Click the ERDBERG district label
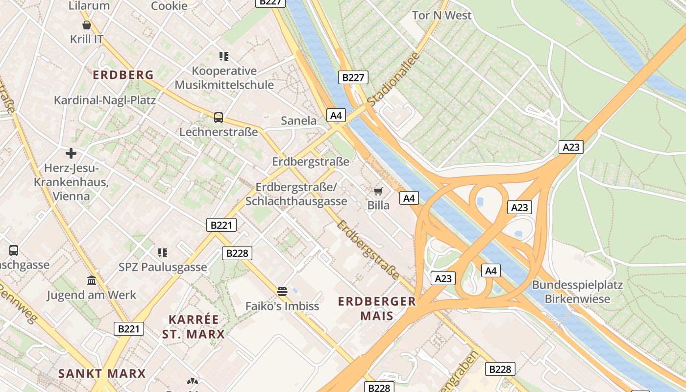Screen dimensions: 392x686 pos(123,75)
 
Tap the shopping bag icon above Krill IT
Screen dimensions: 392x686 pos(87,25)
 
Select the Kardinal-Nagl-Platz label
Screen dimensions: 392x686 pos(105,100)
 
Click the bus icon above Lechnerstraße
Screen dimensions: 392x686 pos(219,118)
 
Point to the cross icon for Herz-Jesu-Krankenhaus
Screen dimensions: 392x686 pos(71,153)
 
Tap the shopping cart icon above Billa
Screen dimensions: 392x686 pos(378,191)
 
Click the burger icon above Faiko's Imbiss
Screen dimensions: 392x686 pos(282,292)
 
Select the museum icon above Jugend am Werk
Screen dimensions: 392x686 pos(92,281)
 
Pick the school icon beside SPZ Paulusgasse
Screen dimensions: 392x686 pos(163,253)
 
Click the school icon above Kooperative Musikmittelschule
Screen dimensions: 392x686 pos(224,56)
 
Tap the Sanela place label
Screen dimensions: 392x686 pos(298,121)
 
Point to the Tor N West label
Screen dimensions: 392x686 pos(441,15)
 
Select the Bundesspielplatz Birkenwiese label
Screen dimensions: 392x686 pos(577,292)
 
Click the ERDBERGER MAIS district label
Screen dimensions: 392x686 pos(377,308)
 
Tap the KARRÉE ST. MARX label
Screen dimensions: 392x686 pos(193,327)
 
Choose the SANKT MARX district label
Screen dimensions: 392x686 pos(102,373)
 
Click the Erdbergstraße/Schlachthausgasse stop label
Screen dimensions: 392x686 pos(296,194)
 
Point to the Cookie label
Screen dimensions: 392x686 pos(169,6)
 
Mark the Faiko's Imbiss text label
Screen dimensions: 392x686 pos(282,306)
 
